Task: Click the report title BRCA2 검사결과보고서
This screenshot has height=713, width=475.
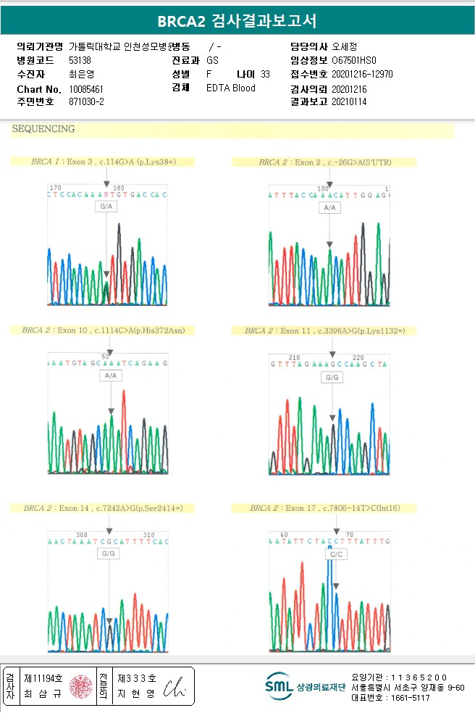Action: coord(237,20)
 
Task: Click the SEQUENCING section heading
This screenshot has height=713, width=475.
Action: coord(43,130)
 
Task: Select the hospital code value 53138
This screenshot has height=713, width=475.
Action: coord(80,60)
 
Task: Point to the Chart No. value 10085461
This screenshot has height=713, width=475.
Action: coord(86,88)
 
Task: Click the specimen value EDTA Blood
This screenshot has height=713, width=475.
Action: coord(231,88)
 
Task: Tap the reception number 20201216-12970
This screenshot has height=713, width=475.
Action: coord(362,74)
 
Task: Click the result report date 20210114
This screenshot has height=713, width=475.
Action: coord(349,102)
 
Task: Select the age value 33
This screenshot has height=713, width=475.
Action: coord(265,74)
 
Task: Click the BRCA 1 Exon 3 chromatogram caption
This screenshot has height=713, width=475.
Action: coord(104,162)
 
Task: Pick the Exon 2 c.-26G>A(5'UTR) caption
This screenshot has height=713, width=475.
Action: coord(325,162)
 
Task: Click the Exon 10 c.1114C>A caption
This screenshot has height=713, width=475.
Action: coord(104,330)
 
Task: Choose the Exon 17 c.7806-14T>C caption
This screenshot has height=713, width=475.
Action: coord(325,508)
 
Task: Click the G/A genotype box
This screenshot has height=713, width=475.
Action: coord(106,207)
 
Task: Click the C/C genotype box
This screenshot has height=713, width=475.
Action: coord(335,554)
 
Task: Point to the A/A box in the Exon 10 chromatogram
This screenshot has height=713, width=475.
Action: coord(110,376)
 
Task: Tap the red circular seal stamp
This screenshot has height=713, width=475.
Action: coord(81,686)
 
